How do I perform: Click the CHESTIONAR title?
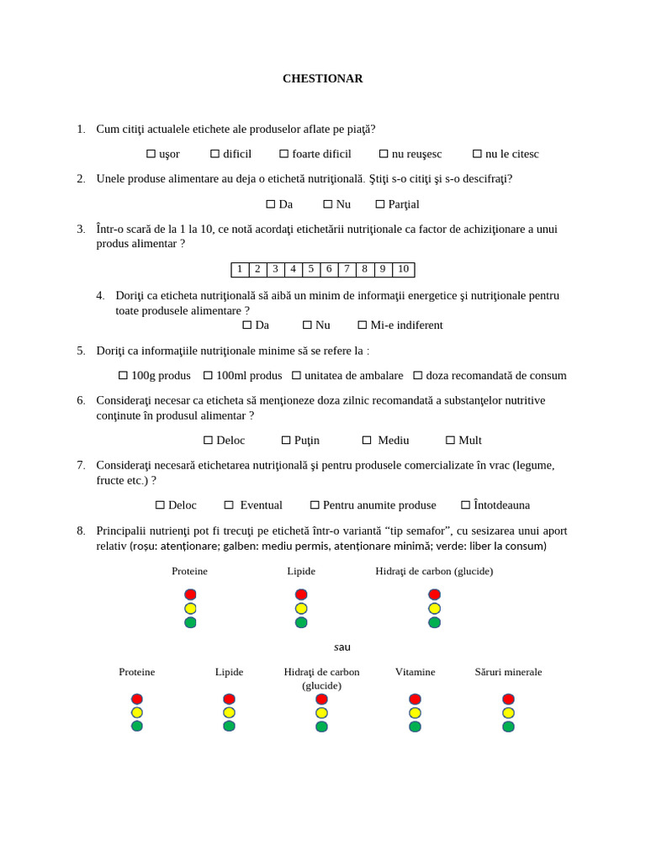coord(322,78)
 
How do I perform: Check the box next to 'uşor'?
coord(151,154)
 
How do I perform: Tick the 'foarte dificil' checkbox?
coord(284,154)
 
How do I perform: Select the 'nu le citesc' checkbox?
coord(477,154)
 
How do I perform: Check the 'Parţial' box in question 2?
coord(380,204)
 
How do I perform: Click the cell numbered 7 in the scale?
coord(347,269)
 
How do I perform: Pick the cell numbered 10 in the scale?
coord(403,269)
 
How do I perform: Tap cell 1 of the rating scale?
coord(240,269)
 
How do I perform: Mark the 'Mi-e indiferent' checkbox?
coord(363,325)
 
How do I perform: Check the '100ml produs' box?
coord(208,376)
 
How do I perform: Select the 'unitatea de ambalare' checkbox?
coord(296,376)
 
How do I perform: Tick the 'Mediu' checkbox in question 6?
coord(367,441)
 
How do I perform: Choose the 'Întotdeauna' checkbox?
coord(466,505)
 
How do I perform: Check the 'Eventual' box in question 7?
coord(229,505)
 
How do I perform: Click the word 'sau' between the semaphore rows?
coord(342,647)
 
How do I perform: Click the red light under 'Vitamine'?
coord(415,699)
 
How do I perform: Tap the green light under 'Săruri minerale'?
coord(508,726)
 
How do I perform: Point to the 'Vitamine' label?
coord(415,672)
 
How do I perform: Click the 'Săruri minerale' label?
coord(508,672)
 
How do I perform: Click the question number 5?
coord(81,351)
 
